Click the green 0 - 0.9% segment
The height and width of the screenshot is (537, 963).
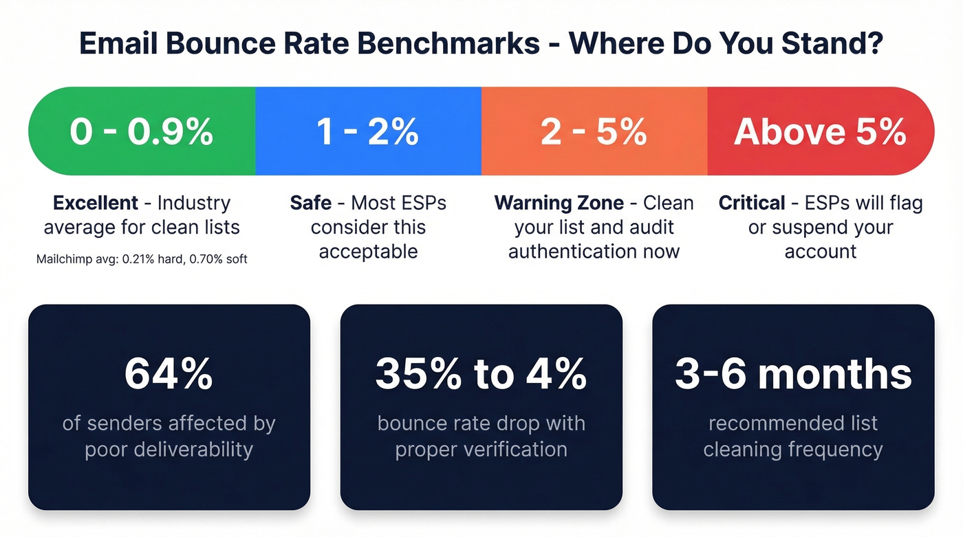pos(142,131)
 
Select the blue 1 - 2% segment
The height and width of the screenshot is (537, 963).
pos(368,131)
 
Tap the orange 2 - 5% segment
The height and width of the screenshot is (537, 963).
pos(594,131)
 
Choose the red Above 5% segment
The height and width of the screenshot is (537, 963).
pos(820,131)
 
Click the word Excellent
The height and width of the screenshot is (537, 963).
pos(95,204)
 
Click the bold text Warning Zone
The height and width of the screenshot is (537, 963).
pos(559,204)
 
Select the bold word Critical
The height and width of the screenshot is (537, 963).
pos(752,204)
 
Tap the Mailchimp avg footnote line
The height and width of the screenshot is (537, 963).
pos(142,259)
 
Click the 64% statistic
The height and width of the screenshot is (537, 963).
pos(169,374)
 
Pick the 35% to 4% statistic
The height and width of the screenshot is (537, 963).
pos(481,374)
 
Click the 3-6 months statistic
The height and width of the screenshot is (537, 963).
pos(793,374)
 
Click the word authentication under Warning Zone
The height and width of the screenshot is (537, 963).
pos(578,252)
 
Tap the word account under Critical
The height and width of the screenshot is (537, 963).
pos(821,252)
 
